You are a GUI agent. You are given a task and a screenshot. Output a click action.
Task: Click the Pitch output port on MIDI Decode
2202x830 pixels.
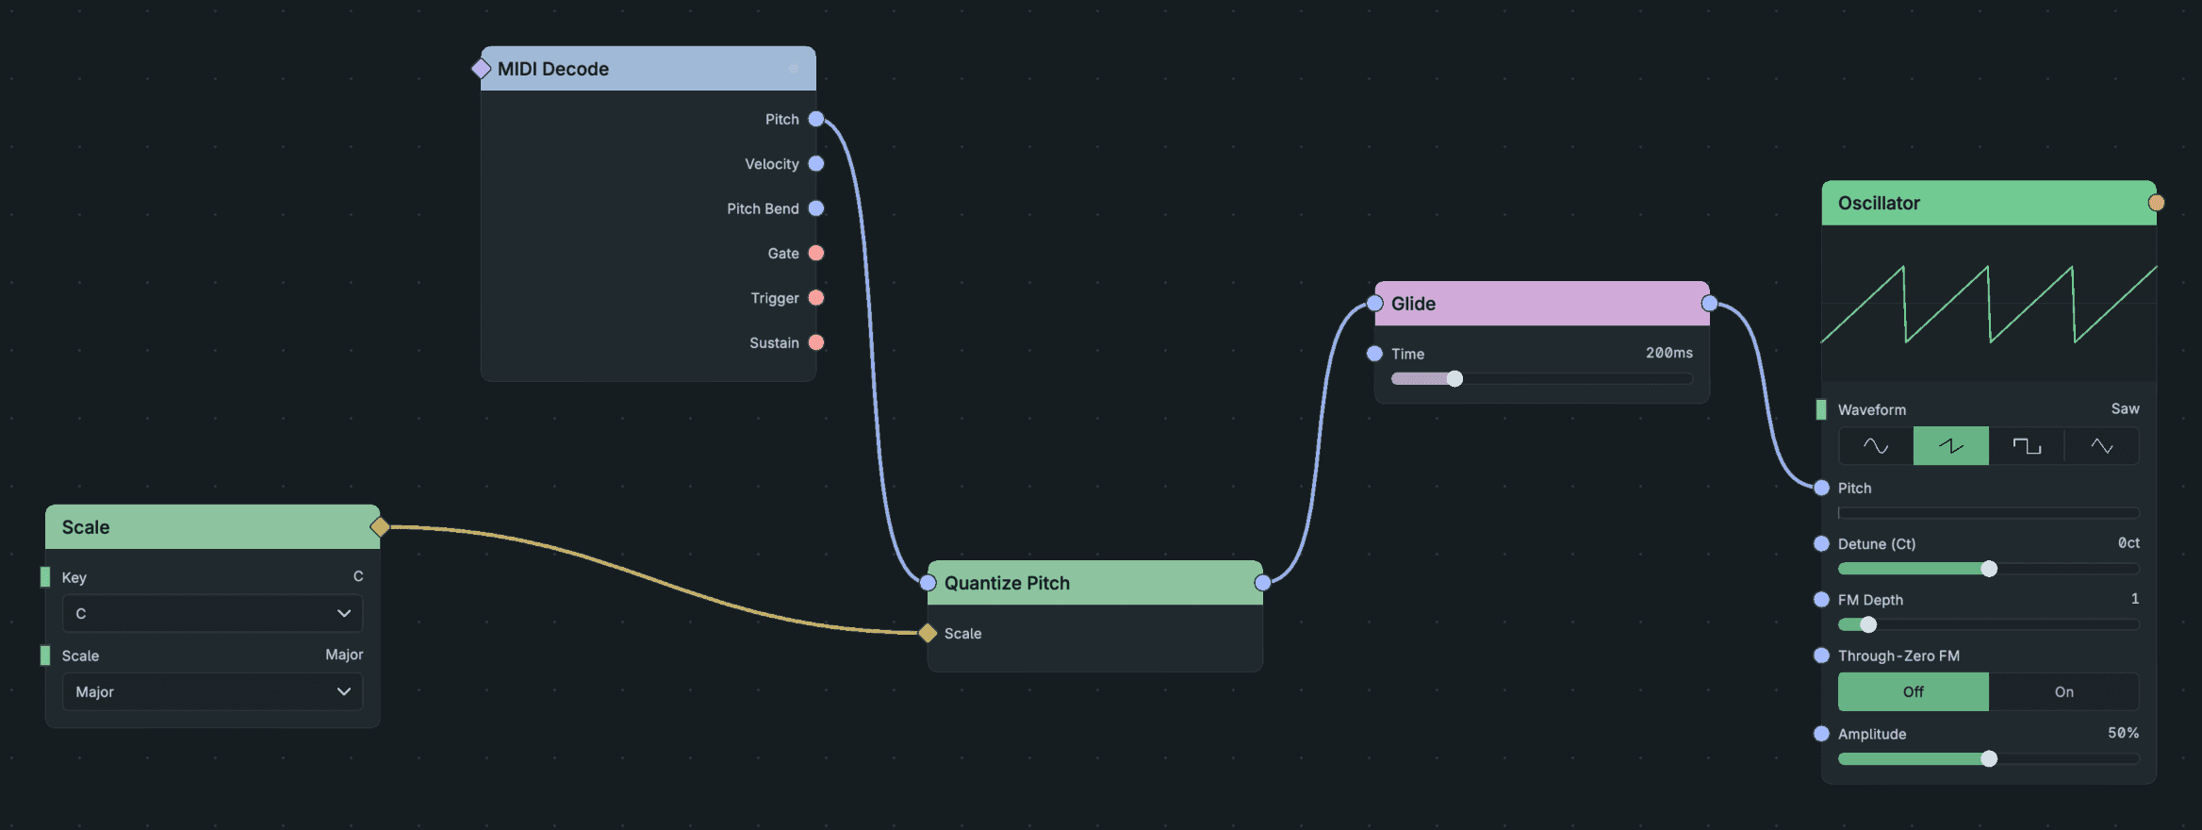point(816,119)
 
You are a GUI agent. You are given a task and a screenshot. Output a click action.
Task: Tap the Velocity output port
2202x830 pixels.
point(816,164)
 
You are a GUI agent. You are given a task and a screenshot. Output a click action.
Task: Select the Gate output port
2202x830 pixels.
point(816,253)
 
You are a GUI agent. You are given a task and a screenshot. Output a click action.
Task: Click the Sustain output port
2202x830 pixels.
point(816,342)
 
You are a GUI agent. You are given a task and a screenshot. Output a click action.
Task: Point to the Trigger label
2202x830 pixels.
point(775,298)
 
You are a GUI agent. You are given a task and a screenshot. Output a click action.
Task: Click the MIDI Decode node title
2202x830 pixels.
point(553,69)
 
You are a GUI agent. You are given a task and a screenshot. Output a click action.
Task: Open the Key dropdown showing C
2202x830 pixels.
point(213,613)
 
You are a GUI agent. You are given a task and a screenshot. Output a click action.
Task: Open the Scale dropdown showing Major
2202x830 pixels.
point(213,691)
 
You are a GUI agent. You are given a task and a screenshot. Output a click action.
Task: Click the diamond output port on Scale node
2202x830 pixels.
point(380,526)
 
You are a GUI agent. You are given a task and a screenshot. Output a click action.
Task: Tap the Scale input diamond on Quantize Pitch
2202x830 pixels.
point(928,633)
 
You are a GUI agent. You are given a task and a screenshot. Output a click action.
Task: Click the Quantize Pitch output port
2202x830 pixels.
point(1263,583)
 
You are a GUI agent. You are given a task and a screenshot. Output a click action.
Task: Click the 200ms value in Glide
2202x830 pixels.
point(1669,353)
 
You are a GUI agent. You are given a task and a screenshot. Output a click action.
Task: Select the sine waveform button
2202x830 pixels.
point(1876,446)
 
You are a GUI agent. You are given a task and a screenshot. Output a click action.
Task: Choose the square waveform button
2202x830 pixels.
point(2027,446)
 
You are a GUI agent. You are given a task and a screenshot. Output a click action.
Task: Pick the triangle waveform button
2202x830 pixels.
point(2102,446)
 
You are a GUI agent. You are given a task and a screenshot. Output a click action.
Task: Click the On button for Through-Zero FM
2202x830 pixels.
point(2064,691)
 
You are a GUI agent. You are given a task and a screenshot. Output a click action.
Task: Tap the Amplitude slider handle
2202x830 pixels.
point(1989,758)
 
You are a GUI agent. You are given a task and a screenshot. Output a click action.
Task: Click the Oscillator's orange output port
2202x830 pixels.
point(2157,203)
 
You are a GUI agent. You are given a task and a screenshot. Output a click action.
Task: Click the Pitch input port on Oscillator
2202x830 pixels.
point(1821,488)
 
